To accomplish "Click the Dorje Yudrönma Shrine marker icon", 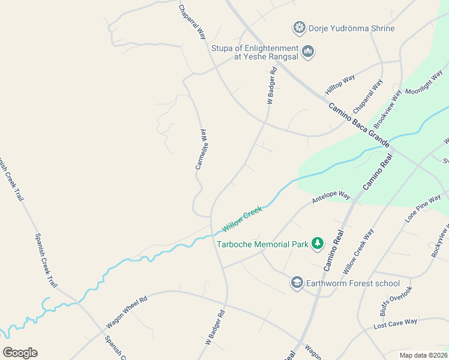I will (x=300, y=28).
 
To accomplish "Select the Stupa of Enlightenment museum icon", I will (x=308, y=52).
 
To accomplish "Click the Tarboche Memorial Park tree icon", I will (x=318, y=244).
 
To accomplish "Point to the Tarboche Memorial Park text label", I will (x=262, y=244).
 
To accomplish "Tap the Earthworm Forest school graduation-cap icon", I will (x=297, y=283).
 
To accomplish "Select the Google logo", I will (x=20, y=353).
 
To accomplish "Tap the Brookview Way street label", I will (x=387, y=107).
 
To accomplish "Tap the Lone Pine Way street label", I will (x=423, y=208).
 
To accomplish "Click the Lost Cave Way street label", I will (x=395, y=324).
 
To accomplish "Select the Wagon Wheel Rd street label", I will (x=127, y=312).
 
